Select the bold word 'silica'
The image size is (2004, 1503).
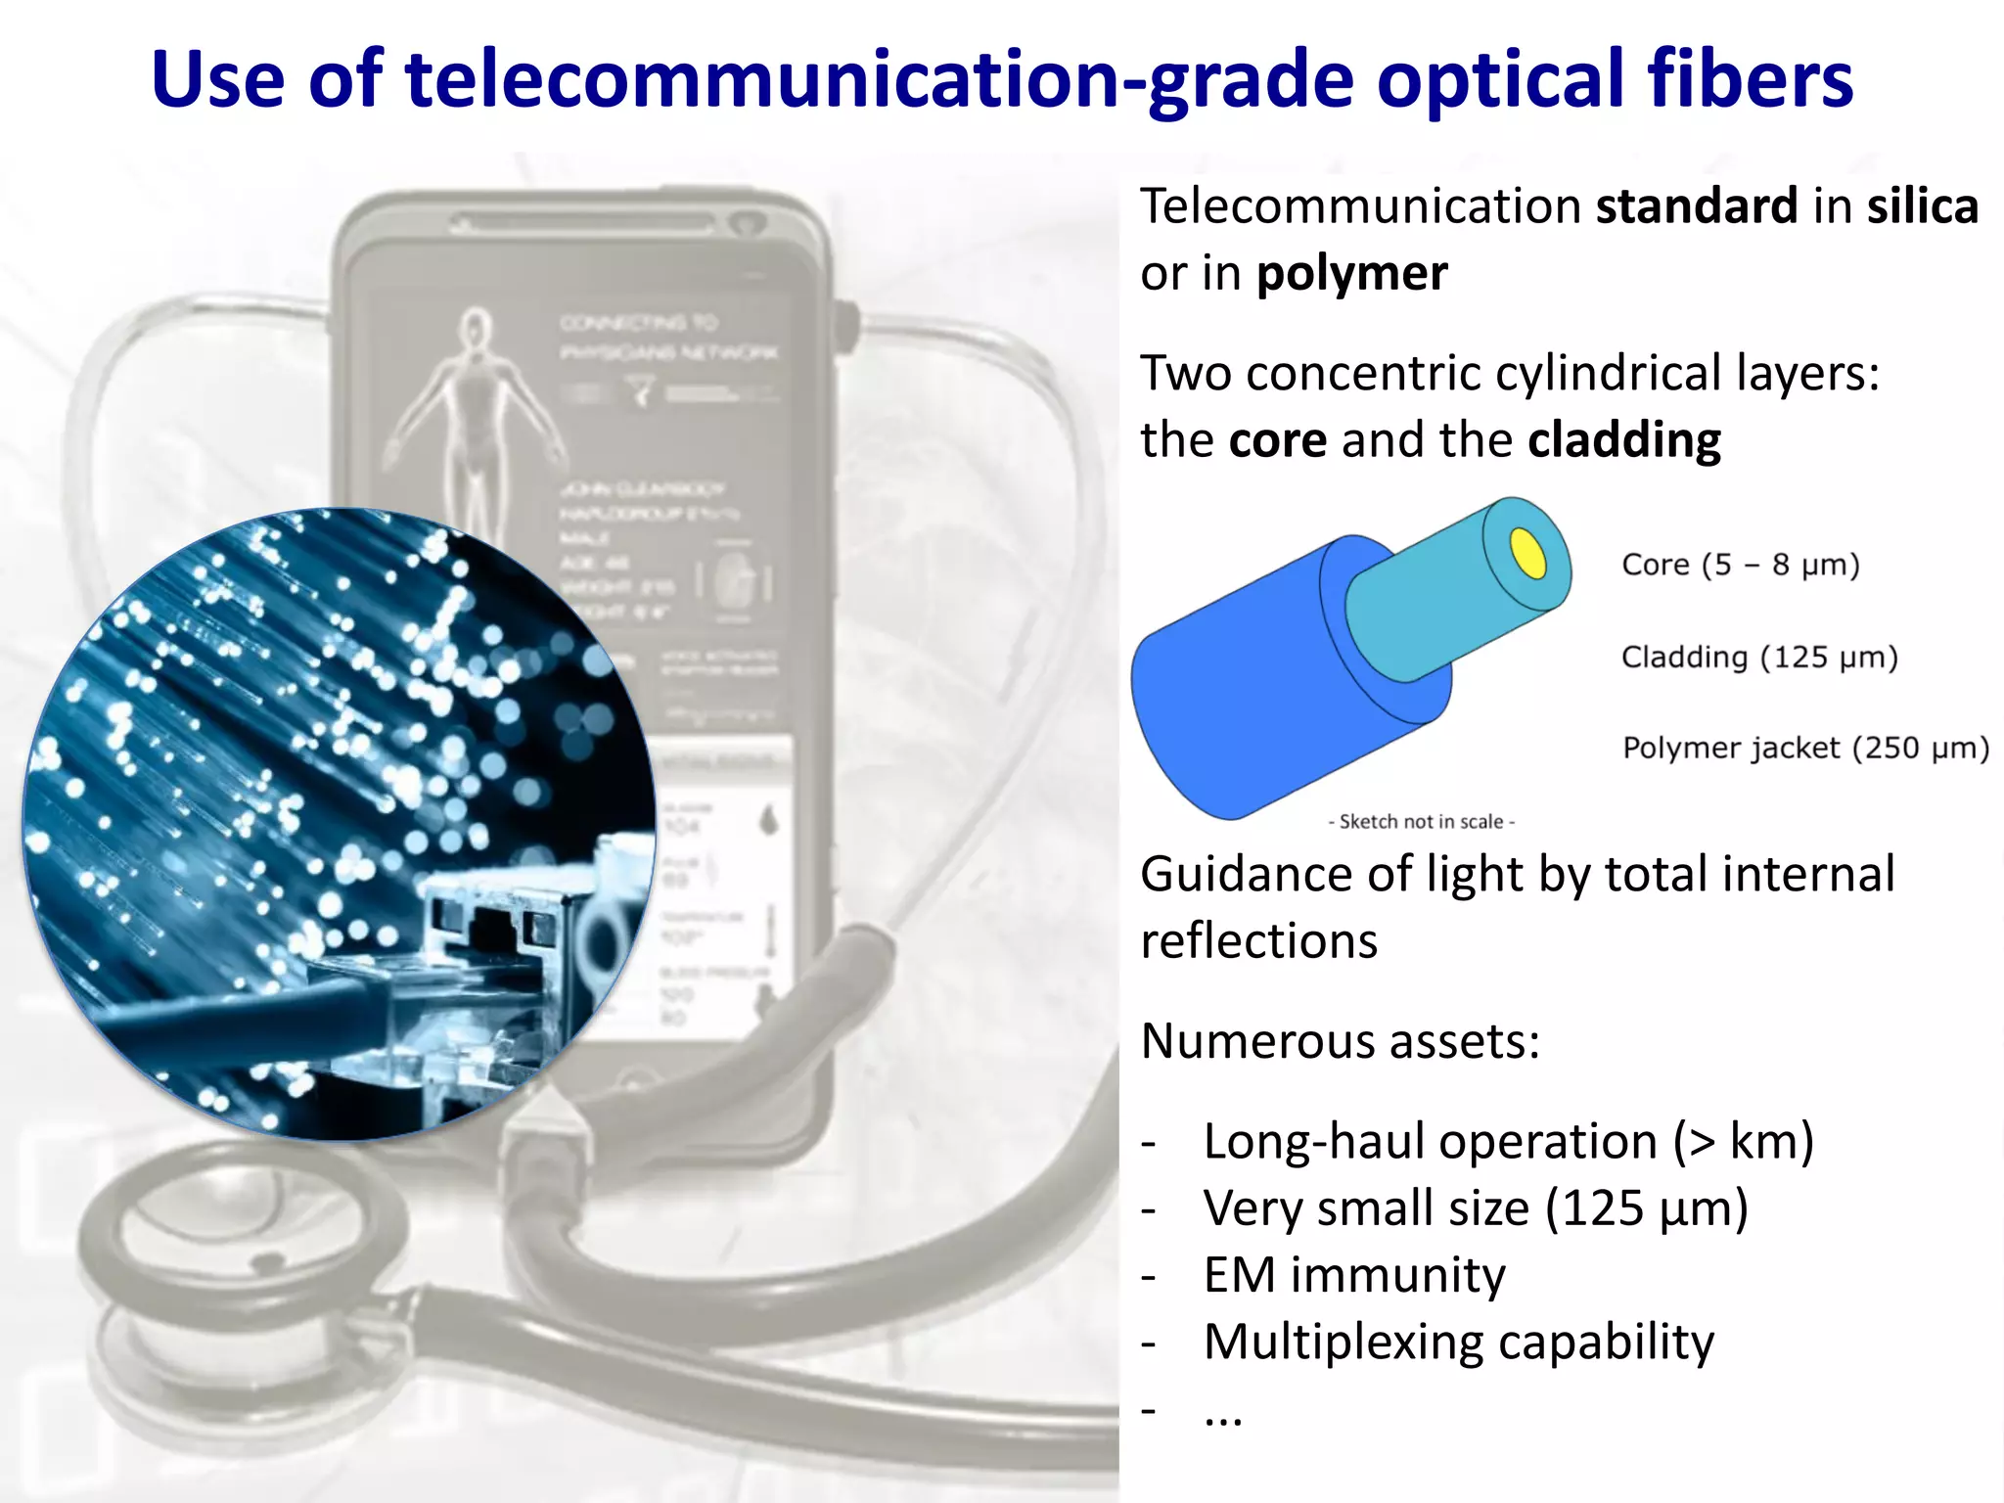1922,206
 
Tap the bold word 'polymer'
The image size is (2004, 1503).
1351,274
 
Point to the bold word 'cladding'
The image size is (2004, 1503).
1623,440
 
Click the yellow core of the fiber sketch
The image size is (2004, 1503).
1528,554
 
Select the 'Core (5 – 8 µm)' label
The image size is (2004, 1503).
1740,565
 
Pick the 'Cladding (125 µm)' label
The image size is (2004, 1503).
1759,657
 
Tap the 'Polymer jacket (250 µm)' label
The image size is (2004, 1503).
1805,748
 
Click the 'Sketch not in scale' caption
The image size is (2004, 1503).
1421,822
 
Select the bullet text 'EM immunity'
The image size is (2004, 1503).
1354,1275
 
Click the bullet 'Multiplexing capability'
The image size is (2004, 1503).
1458,1342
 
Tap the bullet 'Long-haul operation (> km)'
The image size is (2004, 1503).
1508,1142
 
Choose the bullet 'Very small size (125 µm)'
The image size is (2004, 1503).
1475,1208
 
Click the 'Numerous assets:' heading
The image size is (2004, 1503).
1341,1041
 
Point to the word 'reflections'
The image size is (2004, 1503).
1259,941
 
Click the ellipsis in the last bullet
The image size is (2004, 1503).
1223,1414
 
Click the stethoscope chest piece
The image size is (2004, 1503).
245,1262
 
